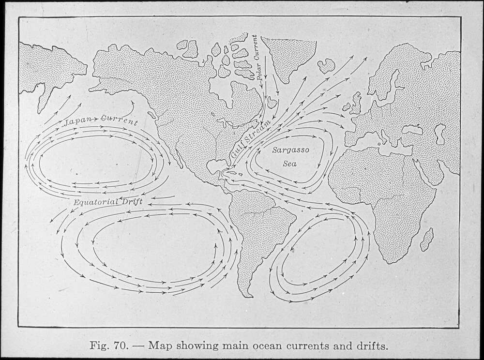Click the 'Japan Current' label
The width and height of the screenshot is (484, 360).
[101, 121]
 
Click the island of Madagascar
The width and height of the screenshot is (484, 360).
[426, 240]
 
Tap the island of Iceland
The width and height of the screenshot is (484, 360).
[326, 65]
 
